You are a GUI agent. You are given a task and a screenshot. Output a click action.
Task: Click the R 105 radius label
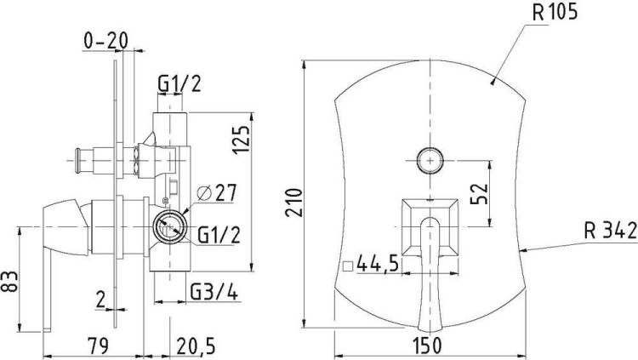click(x=555, y=12)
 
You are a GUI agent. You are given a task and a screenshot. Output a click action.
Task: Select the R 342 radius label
click(x=611, y=231)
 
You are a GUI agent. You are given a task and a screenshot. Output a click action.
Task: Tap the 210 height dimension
click(x=293, y=203)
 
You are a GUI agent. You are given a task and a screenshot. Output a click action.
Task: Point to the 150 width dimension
click(x=428, y=346)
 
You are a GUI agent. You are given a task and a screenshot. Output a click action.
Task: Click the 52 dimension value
click(x=479, y=194)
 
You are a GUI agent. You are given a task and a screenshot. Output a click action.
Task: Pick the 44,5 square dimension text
click(x=377, y=265)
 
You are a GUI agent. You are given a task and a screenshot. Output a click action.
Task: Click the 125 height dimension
click(x=241, y=140)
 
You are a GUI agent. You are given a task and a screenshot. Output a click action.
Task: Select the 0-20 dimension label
click(x=105, y=40)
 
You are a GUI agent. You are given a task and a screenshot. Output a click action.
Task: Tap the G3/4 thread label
click(x=214, y=292)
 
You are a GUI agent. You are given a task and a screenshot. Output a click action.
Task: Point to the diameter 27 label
click(x=216, y=193)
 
